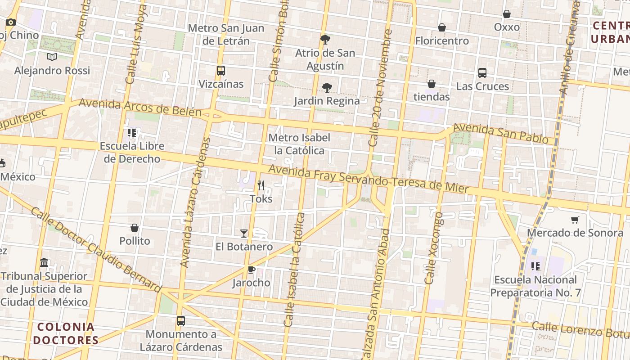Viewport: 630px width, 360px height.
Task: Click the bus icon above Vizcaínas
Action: (x=220, y=71)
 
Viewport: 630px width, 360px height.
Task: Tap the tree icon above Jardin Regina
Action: (x=327, y=87)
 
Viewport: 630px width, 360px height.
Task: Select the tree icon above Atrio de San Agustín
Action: (x=325, y=40)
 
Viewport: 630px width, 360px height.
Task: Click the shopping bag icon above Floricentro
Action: (x=442, y=27)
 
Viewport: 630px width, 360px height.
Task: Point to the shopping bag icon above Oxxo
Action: (x=507, y=14)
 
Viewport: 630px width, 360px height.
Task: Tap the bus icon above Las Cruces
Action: (x=482, y=73)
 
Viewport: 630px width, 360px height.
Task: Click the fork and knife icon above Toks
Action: (x=261, y=185)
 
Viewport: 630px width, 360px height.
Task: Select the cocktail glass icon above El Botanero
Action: (x=244, y=233)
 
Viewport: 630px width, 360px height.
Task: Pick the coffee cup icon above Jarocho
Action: (x=251, y=270)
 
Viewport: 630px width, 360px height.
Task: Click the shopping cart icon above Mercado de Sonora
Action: (x=575, y=220)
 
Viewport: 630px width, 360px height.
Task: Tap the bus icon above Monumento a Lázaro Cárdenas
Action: (x=181, y=321)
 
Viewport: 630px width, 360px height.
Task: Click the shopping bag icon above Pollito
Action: (x=134, y=228)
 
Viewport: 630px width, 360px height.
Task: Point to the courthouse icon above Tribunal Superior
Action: (x=44, y=262)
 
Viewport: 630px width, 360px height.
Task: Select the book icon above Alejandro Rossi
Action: (x=52, y=57)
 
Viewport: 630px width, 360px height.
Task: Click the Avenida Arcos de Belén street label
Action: (x=140, y=107)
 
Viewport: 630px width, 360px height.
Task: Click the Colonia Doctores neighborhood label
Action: (x=66, y=333)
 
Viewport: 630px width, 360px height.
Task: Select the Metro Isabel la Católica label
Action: (x=299, y=144)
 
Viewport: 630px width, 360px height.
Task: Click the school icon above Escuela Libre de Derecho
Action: (x=132, y=133)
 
